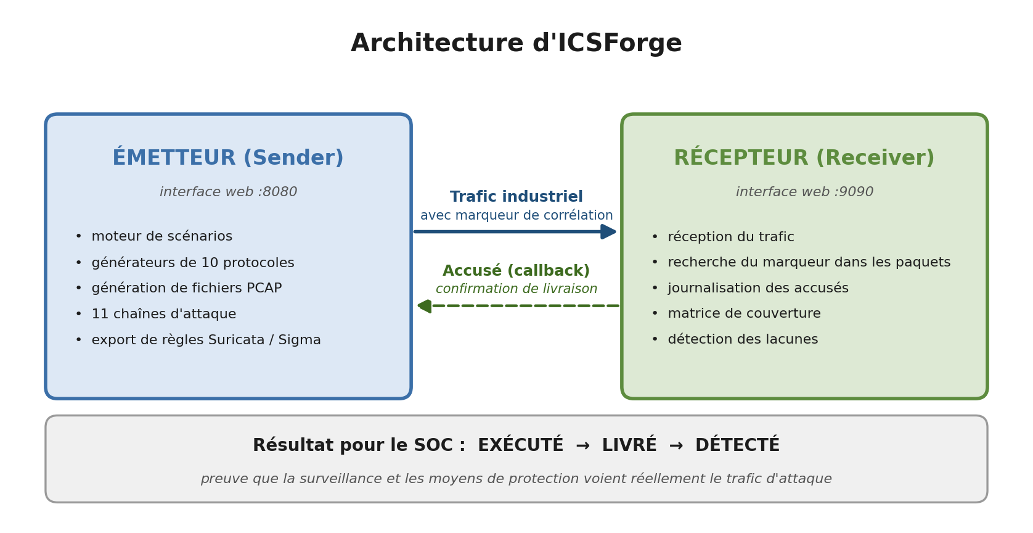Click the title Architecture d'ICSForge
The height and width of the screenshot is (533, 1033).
click(x=516, y=44)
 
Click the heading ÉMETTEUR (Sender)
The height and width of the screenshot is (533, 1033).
click(x=228, y=158)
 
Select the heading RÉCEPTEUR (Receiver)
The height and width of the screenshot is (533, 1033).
click(x=804, y=158)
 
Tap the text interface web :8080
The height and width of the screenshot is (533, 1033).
click(x=228, y=192)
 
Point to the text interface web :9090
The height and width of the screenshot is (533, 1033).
click(x=804, y=192)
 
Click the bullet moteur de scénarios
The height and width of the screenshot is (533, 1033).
click(x=161, y=237)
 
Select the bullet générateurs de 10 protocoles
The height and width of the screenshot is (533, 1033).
click(x=192, y=263)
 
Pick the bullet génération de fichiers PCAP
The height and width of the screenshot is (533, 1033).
click(x=186, y=289)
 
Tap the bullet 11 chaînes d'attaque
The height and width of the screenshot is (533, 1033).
click(x=163, y=315)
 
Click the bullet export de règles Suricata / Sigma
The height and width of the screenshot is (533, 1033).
click(x=206, y=341)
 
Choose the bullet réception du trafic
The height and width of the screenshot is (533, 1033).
click(x=730, y=238)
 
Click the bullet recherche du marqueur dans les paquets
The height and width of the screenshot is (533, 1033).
click(x=809, y=263)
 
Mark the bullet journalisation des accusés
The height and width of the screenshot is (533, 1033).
click(x=757, y=289)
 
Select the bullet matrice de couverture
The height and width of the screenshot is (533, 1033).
click(x=744, y=314)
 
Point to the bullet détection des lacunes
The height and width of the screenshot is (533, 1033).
click(x=743, y=340)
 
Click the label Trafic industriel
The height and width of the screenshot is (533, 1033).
click(x=516, y=197)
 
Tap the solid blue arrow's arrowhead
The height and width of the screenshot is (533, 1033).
click(x=609, y=232)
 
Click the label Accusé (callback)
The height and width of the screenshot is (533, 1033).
click(x=516, y=271)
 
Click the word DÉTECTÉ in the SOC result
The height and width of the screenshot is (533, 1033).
click(x=737, y=445)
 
